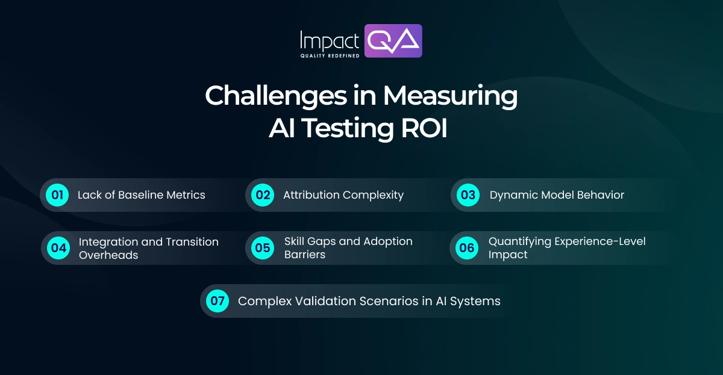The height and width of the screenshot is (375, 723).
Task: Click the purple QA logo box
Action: pyautogui.click(x=394, y=40)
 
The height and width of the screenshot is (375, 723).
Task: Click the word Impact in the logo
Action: pyautogui.click(x=329, y=40)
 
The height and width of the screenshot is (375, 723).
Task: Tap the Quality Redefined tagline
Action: pyautogui.click(x=330, y=55)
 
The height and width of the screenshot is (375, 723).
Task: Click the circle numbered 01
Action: pyautogui.click(x=57, y=195)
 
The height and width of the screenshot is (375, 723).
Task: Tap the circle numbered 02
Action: pyautogui.click(x=263, y=195)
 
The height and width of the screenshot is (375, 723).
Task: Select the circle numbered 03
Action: pyautogui.click(x=468, y=195)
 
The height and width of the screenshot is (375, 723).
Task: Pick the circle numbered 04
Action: pyautogui.click(x=58, y=248)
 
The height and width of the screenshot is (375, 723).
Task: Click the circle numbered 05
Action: pyautogui.click(x=263, y=248)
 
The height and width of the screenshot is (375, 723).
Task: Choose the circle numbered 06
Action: pyautogui.click(x=467, y=248)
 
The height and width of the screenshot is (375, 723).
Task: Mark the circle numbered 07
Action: pyautogui.click(x=218, y=301)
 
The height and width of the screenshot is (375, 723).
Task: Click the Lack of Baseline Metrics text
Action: pyautogui.click(x=141, y=195)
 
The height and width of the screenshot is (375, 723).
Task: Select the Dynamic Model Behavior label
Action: pyautogui.click(x=557, y=195)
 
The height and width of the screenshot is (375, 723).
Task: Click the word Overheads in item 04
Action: pyautogui.click(x=108, y=255)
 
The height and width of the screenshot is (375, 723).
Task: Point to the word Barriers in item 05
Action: pyautogui.click(x=305, y=255)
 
